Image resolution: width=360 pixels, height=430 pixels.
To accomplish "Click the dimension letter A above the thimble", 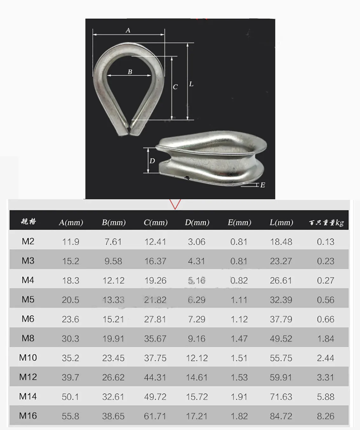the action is click(128, 31).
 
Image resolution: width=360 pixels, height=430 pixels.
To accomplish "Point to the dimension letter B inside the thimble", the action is click(130, 72).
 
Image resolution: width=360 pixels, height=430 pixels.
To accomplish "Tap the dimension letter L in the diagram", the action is click(191, 84).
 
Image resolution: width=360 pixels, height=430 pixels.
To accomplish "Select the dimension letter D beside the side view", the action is click(152, 161).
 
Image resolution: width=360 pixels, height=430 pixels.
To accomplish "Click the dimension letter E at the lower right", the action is click(263, 185).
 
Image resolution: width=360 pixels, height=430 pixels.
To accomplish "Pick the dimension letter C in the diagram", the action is click(175, 87).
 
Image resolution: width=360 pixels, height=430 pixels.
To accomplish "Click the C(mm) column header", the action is click(156, 222).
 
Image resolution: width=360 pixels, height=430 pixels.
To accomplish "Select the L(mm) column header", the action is click(281, 222).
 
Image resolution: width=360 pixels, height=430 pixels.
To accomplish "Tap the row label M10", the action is click(28, 358).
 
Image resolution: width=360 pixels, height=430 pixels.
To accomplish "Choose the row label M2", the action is click(28, 241).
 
